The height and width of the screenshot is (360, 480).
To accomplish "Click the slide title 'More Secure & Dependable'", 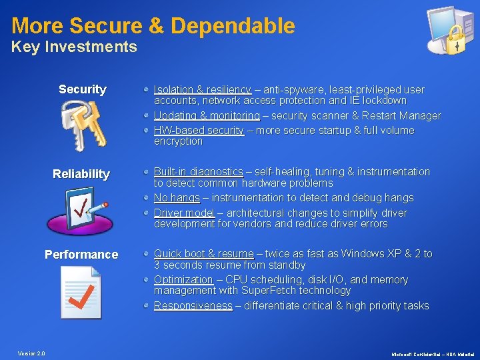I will (x=153, y=26).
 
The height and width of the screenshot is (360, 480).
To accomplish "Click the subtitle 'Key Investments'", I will (x=74, y=47).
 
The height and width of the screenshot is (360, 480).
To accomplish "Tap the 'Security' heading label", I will (x=82, y=89).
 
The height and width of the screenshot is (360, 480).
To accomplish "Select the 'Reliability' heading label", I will (x=81, y=174).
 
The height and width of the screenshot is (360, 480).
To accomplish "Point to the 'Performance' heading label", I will (x=81, y=255).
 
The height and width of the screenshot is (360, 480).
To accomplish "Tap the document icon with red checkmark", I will (x=80, y=291).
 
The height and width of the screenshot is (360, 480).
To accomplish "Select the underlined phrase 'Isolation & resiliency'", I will (x=202, y=89).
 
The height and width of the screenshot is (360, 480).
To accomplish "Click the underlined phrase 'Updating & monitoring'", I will (x=207, y=116).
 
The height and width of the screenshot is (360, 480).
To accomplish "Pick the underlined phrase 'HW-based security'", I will (x=199, y=131).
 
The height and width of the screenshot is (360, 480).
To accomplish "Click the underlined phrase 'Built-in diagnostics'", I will (x=198, y=172).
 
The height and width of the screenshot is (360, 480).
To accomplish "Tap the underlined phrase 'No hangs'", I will (x=177, y=198).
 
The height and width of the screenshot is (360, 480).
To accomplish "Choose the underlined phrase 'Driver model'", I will (x=184, y=213).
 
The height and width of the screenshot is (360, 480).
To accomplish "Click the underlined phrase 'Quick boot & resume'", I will (x=203, y=254).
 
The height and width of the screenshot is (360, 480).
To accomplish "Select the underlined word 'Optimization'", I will (x=183, y=280).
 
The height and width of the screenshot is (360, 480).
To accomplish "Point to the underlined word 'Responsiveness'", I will (x=193, y=306).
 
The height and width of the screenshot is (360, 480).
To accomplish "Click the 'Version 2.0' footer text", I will (x=31, y=353).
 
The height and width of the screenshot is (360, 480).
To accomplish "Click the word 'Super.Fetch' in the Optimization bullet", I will (x=241, y=291).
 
